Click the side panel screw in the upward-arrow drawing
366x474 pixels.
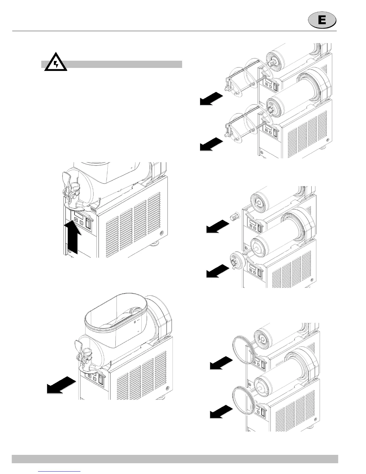(x=162, y=233)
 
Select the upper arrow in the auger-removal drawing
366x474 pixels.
(x=211, y=99)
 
